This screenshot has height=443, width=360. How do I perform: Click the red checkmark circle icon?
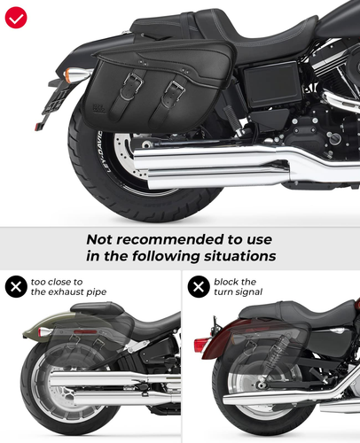pos(16,18)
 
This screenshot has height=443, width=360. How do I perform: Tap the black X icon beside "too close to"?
pos(16,286)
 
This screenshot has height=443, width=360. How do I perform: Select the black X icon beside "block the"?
pos(199,286)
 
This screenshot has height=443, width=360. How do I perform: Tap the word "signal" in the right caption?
pos(251,292)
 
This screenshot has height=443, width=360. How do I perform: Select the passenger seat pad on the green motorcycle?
pos(97,309)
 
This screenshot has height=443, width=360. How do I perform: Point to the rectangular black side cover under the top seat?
pos(270,85)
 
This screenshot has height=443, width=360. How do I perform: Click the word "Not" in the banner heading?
pos(99,239)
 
